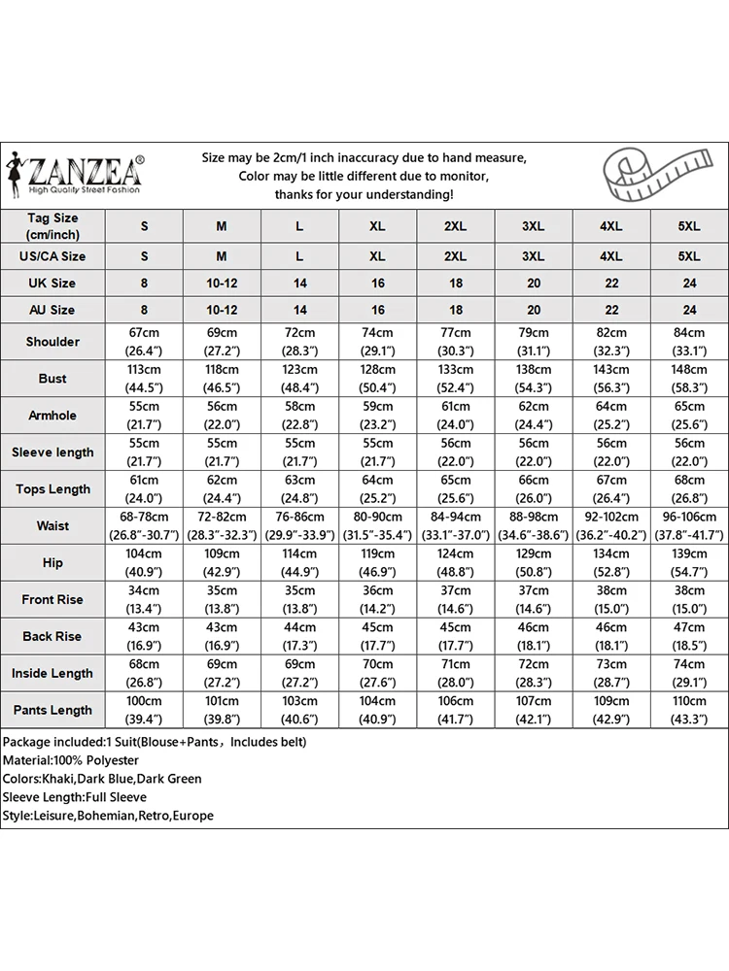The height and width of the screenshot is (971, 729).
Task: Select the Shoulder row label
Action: click(52, 342)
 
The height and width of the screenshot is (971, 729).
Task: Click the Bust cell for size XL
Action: click(377, 379)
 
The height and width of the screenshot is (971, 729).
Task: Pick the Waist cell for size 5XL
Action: click(688, 525)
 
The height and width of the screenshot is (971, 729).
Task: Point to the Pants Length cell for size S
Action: click(144, 710)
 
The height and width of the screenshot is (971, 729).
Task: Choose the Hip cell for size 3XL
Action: click(533, 562)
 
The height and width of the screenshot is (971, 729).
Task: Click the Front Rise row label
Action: click(52, 599)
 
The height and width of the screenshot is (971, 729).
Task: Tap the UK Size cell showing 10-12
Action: click(222, 283)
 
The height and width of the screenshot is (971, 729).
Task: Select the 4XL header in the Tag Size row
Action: click(610, 226)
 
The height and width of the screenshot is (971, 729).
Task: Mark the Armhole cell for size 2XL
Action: click(455, 416)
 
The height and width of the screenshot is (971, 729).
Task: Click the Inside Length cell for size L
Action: click(299, 673)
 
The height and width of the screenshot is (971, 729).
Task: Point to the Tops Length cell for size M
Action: click(222, 488)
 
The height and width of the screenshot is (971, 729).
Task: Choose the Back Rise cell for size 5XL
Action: click(688, 636)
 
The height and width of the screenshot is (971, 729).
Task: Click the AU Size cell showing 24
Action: click(688, 310)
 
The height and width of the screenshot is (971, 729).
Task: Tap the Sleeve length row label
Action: click(52, 452)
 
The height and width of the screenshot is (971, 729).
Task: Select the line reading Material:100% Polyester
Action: click(71, 760)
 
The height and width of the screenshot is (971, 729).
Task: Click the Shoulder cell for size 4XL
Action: click(610, 342)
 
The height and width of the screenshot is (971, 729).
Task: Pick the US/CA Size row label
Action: click(52, 256)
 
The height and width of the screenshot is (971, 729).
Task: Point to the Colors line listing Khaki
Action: click(102, 779)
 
